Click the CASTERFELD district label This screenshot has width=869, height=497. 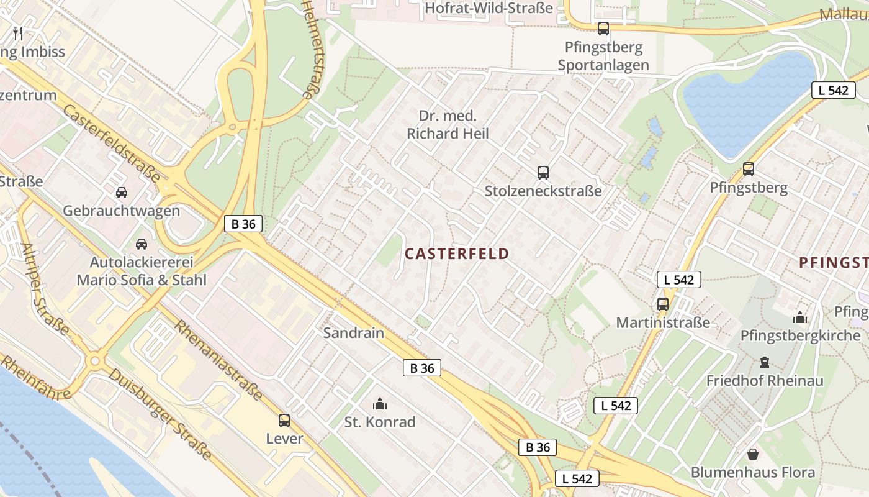point(457,253)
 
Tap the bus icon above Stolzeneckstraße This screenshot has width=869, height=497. point(543,173)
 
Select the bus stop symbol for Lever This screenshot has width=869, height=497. point(284,421)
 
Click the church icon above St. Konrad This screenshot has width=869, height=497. point(380,404)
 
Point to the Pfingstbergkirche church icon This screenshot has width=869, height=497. point(800,318)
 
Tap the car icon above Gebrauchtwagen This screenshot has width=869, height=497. point(122,193)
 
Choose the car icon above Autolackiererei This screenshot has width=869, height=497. point(142,244)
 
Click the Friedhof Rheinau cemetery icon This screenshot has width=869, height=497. point(765,362)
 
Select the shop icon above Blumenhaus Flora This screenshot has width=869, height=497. point(753,454)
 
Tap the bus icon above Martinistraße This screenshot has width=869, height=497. point(663,304)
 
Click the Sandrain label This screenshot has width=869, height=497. point(354,332)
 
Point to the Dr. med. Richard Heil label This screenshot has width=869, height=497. point(448,125)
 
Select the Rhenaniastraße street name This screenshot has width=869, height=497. point(218,361)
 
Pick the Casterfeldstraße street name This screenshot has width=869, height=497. point(112,144)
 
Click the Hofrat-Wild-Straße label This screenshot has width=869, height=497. point(489,8)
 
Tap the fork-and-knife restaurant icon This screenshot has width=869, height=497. point(18,34)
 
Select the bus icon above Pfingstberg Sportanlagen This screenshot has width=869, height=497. point(603,29)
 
